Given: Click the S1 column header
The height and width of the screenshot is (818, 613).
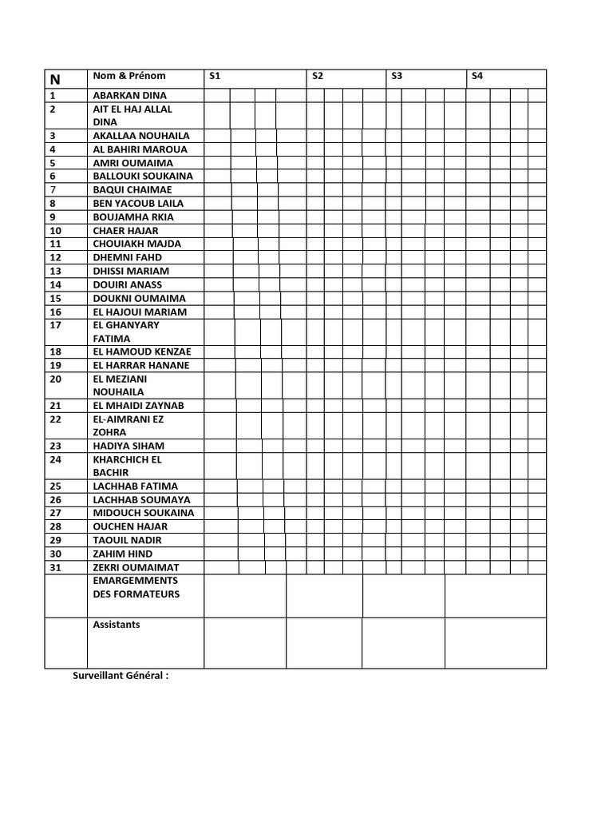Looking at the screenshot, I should point(214,77).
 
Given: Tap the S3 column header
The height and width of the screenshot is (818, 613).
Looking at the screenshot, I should point(397,77).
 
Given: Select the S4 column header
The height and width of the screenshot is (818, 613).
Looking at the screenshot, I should point(477,77).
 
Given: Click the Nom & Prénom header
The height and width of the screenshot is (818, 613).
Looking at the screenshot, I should point(129,77).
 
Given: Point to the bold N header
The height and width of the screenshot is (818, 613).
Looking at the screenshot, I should point(55,79).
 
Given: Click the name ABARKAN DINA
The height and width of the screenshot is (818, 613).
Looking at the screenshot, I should point(130,95).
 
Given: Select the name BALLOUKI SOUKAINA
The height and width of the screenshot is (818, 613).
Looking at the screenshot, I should point(143,176).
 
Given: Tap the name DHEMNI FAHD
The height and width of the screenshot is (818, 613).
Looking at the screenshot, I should point(127,257).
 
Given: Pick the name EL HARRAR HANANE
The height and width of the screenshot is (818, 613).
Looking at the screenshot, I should point(141,365).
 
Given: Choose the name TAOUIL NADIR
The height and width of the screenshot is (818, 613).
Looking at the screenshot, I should point(127,540).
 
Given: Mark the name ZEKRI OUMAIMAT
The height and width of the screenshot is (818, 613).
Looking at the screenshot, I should point(136,567).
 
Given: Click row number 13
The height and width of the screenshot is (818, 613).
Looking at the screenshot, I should point(55,271).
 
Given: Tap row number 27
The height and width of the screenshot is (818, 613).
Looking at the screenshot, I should point(55,513).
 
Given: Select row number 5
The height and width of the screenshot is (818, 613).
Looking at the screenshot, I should point(53,162).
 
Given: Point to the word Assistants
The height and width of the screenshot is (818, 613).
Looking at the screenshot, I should point(117,625).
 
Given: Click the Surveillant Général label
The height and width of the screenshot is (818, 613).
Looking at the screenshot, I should point(121,676).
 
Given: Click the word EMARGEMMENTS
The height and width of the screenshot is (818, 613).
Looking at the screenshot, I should point(136,581).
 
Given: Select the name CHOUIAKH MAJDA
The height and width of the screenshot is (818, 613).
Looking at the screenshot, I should point(136,244).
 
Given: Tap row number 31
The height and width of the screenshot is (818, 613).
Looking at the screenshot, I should point(55,567).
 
